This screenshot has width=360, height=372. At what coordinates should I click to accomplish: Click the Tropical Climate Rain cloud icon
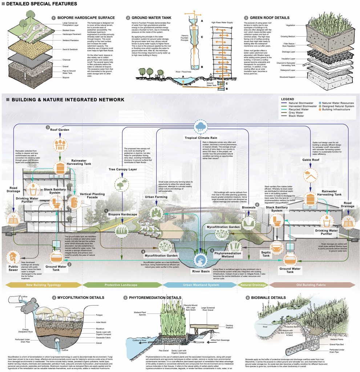coord(200,128)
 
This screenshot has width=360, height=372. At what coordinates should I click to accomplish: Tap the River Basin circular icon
coord(200,260)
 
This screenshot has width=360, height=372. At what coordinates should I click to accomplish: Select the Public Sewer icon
coord(13,258)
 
